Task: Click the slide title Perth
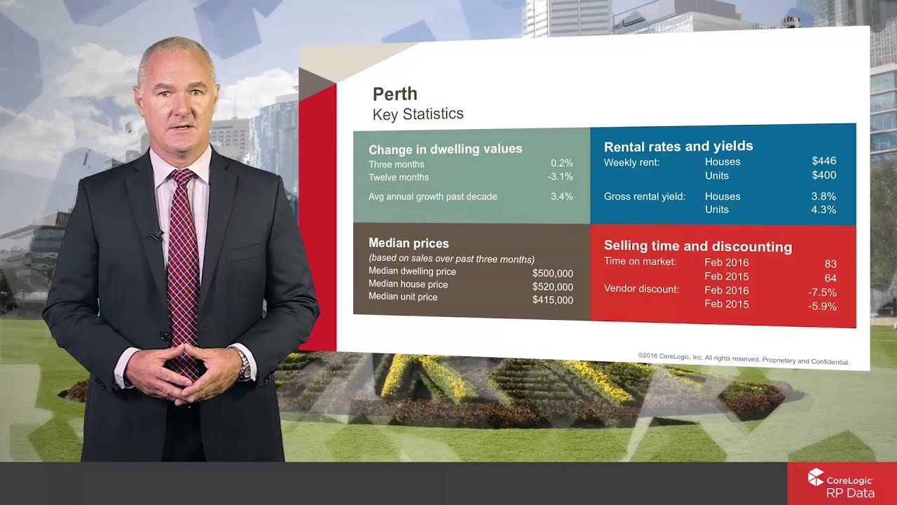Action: [395, 94]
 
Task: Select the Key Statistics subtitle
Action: [418, 114]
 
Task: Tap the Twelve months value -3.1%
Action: [560, 177]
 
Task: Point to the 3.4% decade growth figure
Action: [561, 196]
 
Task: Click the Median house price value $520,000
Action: [552, 287]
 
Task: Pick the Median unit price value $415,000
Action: [552, 300]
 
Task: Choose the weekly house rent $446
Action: [823, 161]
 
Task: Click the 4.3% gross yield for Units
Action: [823, 210]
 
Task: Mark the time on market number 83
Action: [830, 264]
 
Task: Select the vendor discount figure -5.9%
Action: [822, 307]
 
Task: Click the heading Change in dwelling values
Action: [445, 149]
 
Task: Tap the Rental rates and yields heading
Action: [678, 146]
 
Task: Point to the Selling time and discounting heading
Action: [698, 246]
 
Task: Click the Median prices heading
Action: [409, 243]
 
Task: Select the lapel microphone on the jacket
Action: [156, 236]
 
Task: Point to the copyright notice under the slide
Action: [743, 359]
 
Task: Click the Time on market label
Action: [640, 262]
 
